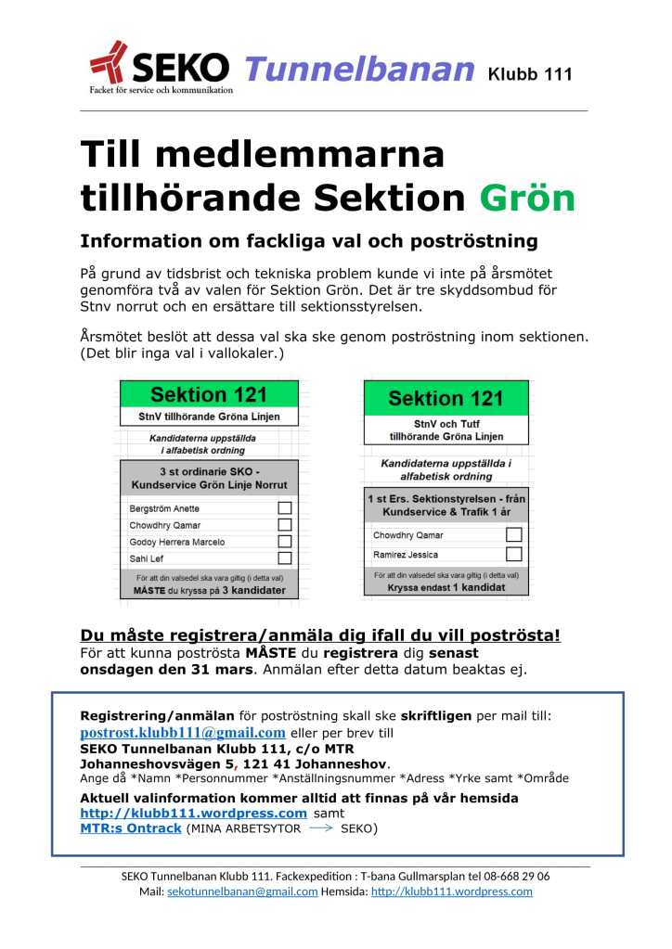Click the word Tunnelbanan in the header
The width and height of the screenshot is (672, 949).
[x=358, y=68]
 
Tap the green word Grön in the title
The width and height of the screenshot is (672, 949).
[x=527, y=197]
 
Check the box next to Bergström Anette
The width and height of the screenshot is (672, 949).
[x=285, y=508]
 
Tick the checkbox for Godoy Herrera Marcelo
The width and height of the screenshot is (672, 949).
[x=285, y=541]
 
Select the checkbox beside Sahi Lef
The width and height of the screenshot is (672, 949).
[x=285, y=558]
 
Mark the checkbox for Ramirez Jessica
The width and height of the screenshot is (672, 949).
[x=513, y=554]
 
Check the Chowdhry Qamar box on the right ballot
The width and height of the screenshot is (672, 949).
[x=513, y=534]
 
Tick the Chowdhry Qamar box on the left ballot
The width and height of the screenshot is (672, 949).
[x=285, y=525]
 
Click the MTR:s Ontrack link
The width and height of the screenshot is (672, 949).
[x=131, y=827]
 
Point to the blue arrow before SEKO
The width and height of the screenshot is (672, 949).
[x=320, y=828]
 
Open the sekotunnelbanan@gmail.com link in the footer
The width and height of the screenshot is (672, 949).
[x=242, y=891]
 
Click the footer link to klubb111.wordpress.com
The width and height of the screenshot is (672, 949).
[x=451, y=891]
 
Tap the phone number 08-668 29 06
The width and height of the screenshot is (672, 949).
[x=510, y=876]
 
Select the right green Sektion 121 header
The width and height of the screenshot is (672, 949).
[x=446, y=398]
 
